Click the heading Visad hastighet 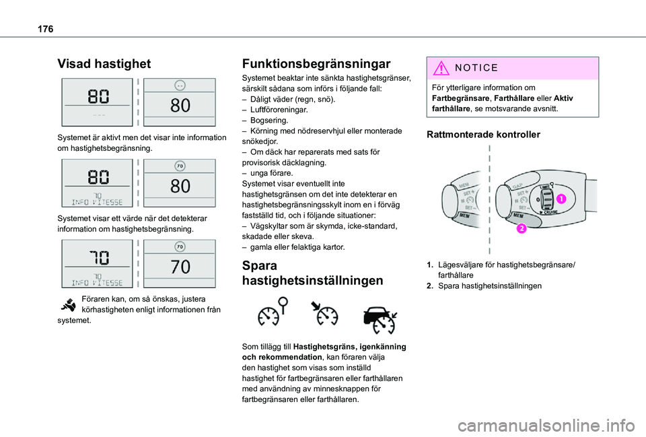[x=104, y=64]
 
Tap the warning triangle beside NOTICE [x=441, y=68]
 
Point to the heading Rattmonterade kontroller [x=483, y=135]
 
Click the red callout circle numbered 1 [x=560, y=199]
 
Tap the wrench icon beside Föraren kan [x=68, y=304]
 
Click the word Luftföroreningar [x=279, y=110]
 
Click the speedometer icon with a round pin [x=272, y=314]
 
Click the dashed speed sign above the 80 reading [x=180, y=86]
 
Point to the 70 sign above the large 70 [x=180, y=247]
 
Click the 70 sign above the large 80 [x=180, y=166]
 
